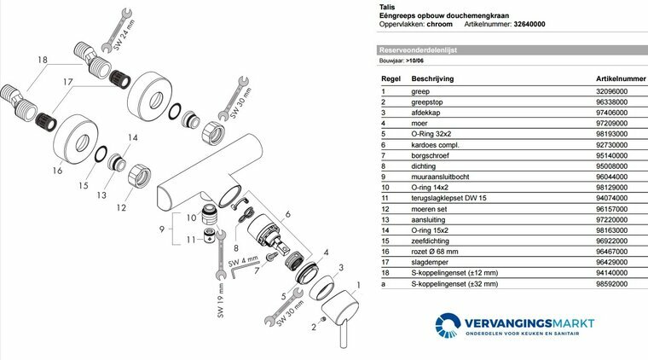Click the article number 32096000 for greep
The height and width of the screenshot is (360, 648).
pos(612,91)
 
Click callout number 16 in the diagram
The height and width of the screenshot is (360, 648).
pos(57,171)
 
